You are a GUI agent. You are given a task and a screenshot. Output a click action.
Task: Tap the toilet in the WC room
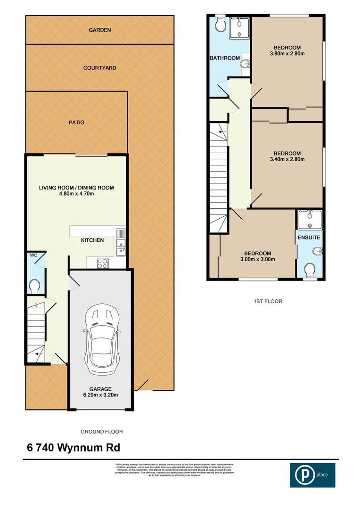click(x=34, y=286)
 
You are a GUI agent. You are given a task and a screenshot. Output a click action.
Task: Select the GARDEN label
click(x=100, y=30)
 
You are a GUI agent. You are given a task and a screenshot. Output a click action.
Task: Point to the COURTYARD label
click(x=100, y=68)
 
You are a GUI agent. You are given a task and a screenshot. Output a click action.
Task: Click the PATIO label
click(x=76, y=122)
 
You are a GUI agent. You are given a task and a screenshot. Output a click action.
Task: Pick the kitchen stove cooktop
click(x=102, y=263)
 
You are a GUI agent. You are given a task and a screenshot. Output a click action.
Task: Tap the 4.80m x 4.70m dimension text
click(x=76, y=194)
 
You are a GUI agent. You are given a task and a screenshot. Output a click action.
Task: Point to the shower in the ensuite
click(x=310, y=220)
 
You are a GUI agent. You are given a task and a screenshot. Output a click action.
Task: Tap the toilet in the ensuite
click(x=310, y=271)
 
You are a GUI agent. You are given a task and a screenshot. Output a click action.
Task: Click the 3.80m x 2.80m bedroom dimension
click(x=287, y=54)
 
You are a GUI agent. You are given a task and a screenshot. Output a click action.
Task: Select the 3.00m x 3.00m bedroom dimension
click(x=258, y=259)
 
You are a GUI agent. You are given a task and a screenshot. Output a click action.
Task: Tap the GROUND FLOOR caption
click(x=102, y=431)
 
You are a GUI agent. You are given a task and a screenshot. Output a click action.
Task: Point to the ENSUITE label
click(x=309, y=238)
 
